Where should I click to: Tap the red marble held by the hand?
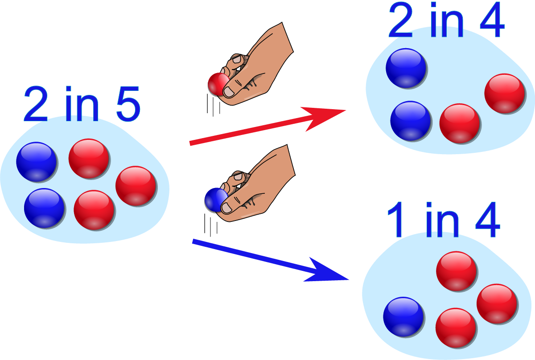[217, 84]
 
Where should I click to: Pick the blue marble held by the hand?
[214, 200]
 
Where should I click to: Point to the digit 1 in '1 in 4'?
[396, 221]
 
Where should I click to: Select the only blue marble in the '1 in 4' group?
[403, 317]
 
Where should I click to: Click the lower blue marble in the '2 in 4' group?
[411, 121]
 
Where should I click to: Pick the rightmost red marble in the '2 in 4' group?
[505, 94]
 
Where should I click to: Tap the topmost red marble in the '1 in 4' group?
[457, 271]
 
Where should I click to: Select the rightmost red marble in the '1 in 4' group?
[497, 304]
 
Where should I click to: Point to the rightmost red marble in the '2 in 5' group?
[136, 186]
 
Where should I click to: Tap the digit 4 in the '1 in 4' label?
[487, 221]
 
